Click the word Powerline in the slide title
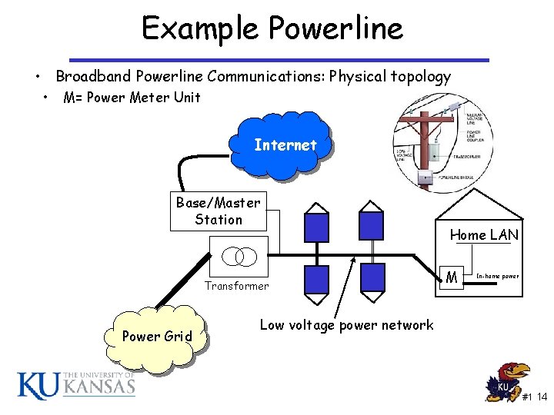tap(335, 29)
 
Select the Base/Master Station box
tap(219, 211)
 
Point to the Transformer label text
tap(236, 286)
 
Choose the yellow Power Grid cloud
tap(158, 336)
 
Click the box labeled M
tap(454, 276)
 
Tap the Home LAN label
tap(484, 235)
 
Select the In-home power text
tap(498, 275)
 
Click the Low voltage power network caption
tap(346, 325)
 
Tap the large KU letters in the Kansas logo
tap(37, 383)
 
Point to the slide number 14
tap(542, 397)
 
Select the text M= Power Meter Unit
tap(132, 98)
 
